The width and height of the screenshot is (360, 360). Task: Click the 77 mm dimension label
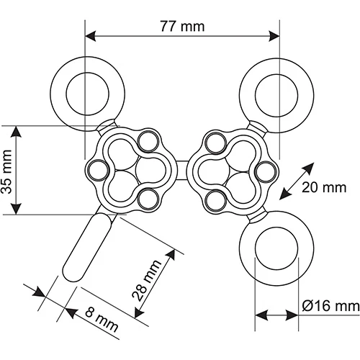coord(182,26)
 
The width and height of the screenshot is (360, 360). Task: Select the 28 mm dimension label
coord(147,280)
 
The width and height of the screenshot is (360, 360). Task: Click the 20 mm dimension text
coord(324,187)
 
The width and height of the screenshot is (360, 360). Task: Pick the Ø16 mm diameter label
coord(331,307)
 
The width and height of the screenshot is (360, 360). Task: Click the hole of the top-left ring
coord(88,93)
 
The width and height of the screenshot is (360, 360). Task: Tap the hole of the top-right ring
coord(276,95)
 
